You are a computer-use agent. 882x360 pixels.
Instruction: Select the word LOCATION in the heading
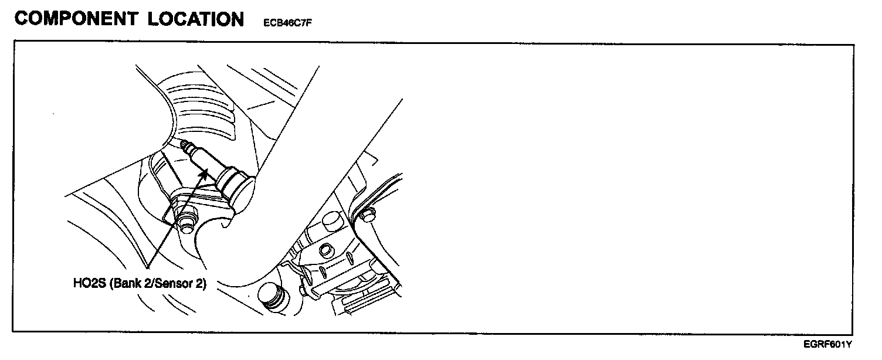pyautogui.click(x=195, y=19)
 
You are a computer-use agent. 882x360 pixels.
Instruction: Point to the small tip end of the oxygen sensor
pyautogui.click(x=185, y=144)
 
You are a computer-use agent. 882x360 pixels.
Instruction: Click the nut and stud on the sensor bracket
pyautogui.click(x=186, y=222)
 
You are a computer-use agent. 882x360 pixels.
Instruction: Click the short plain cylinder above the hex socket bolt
pyautogui.click(x=330, y=222)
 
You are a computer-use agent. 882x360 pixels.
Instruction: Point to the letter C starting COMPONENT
pyautogui.click(x=22, y=19)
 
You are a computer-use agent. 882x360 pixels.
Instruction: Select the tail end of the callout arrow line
pyautogui.click(x=151, y=266)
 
